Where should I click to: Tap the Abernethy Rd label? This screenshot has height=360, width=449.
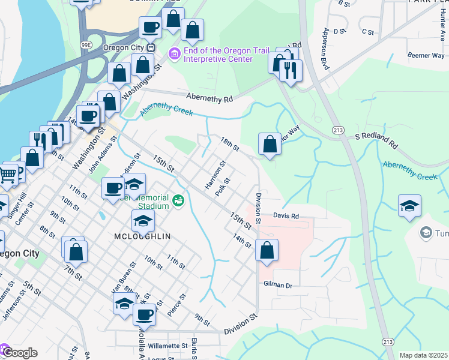(209, 97)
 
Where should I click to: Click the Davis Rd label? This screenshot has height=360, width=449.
(286, 215)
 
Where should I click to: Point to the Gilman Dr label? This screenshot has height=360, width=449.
(277, 285)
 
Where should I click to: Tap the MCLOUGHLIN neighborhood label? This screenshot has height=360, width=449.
(142, 236)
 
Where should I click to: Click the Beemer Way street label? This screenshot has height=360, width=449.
(426, 55)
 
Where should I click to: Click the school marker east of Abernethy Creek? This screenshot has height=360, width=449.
(409, 206)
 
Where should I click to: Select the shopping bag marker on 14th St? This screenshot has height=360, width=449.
(267, 250)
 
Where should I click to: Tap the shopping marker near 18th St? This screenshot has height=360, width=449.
(270, 144)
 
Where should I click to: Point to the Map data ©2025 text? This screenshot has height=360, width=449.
(423, 355)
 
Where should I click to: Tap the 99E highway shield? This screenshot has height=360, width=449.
(86, 44)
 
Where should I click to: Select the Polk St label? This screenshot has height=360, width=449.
(223, 187)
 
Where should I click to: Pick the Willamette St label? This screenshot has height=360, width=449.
(169, 346)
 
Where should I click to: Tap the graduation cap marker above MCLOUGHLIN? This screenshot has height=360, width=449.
(142, 221)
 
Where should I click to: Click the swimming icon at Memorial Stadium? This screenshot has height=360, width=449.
(177, 200)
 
